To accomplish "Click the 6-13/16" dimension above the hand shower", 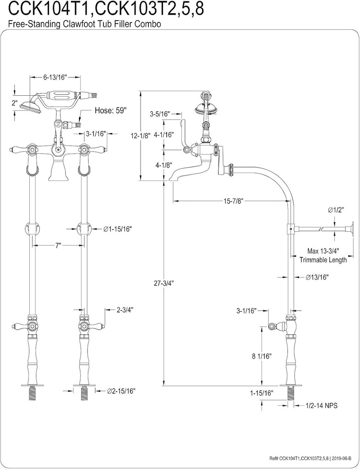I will tap(55, 77).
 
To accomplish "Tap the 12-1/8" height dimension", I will tap(140, 136).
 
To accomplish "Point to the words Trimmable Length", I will tap(323, 260).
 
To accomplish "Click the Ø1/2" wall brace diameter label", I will tap(336, 209).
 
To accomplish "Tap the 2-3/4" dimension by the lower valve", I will tap(124, 310).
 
